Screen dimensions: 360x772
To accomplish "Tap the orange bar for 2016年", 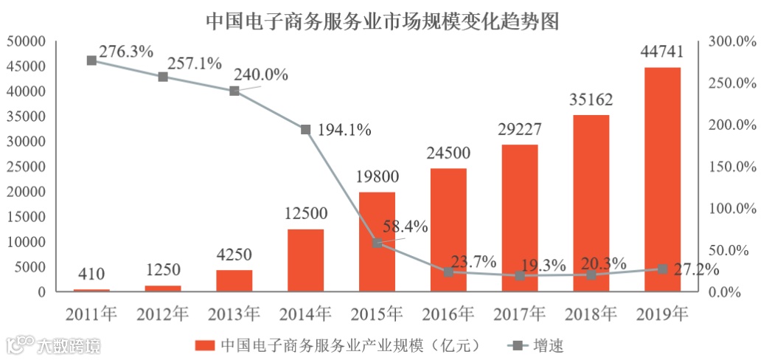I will [x=448, y=229].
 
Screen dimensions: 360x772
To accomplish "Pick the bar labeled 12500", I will [x=305, y=260].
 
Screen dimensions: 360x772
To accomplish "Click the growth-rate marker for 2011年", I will [x=91, y=60].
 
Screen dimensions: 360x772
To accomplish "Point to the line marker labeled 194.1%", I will [x=305, y=129].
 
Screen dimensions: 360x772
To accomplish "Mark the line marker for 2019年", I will [x=662, y=269].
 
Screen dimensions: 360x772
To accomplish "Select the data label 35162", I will [x=591, y=99].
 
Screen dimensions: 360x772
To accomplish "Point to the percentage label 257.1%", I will [x=195, y=63].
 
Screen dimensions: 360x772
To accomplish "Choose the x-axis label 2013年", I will [x=234, y=314].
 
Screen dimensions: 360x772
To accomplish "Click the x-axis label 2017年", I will [x=519, y=314].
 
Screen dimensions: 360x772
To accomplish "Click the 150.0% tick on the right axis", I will [x=733, y=167].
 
